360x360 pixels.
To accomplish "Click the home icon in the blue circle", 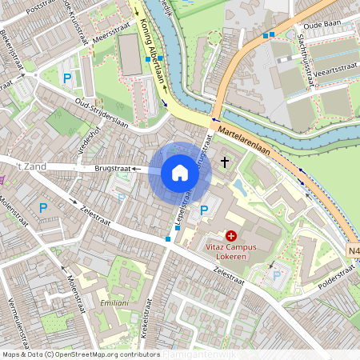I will tap(180, 172).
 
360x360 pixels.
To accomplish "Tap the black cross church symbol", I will tap(225, 162).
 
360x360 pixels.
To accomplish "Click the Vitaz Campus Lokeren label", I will tap(231, 251).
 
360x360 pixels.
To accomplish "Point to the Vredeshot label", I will tap(90, 142).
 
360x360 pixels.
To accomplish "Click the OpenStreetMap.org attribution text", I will tap(104, 354).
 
